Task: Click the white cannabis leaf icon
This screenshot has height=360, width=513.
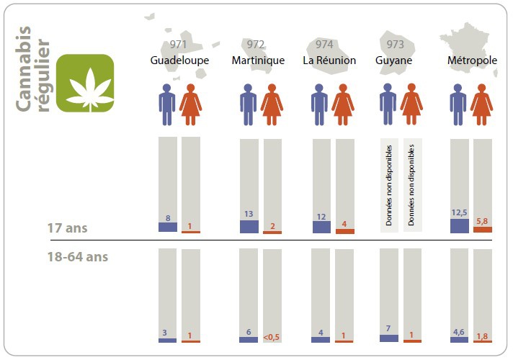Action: (x=85, y=84)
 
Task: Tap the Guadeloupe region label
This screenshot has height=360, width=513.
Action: (x=179, y=60)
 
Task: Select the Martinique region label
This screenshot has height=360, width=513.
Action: (x=258, y=60)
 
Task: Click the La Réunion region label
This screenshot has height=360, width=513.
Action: (x=329, y=60)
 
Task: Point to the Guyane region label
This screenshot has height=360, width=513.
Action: (x=394, y=60)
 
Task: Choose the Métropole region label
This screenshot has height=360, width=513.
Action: (x=472, y=60)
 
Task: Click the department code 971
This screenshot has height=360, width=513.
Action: (x=179, y=45)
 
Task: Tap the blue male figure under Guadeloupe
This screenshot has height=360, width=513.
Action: (x=168, y=105)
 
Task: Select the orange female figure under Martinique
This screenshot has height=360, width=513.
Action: (x=272, y=105)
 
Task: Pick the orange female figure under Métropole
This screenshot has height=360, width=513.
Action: (x=481, y=105)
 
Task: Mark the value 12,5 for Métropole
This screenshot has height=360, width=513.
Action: (x=459, y=213)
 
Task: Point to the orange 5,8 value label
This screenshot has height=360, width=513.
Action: (x=482, y=221)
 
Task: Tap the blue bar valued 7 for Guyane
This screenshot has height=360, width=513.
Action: (x=389, y=338)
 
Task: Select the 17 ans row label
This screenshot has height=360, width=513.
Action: (x=67, y=228)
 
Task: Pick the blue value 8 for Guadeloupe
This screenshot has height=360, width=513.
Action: (x=167, y=217)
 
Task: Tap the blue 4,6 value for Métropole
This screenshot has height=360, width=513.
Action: (x=459, y=332)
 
